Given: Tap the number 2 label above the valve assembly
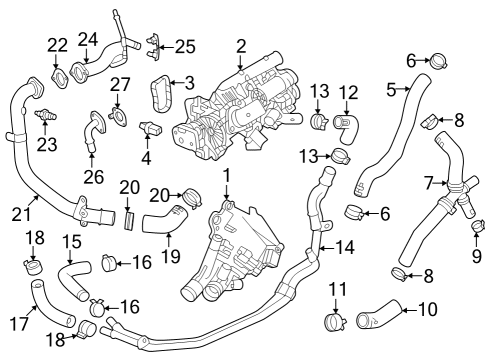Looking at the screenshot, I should (x=241, y=45).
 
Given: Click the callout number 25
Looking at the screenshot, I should (x=184, y=46).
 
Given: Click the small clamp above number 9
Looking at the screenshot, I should (x=476, y=225).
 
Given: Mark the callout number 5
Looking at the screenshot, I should (x=392, y=90).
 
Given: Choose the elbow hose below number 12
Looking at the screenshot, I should (x=347, y=126).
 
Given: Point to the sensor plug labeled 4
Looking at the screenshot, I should (x=148, y=130).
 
